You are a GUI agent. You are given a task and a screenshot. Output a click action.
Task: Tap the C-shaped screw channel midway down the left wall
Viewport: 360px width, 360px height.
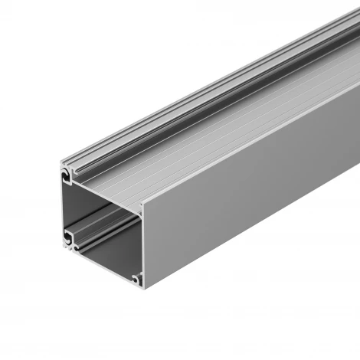pyautogui.click(x=70, y=232)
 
